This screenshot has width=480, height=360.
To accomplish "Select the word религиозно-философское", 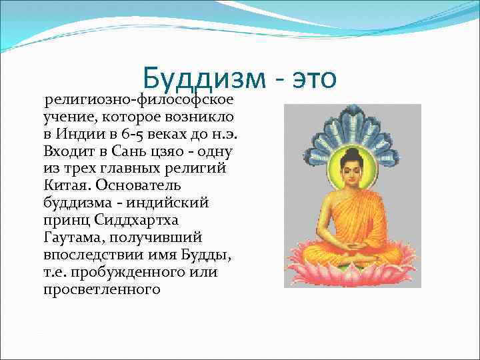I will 139,101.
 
